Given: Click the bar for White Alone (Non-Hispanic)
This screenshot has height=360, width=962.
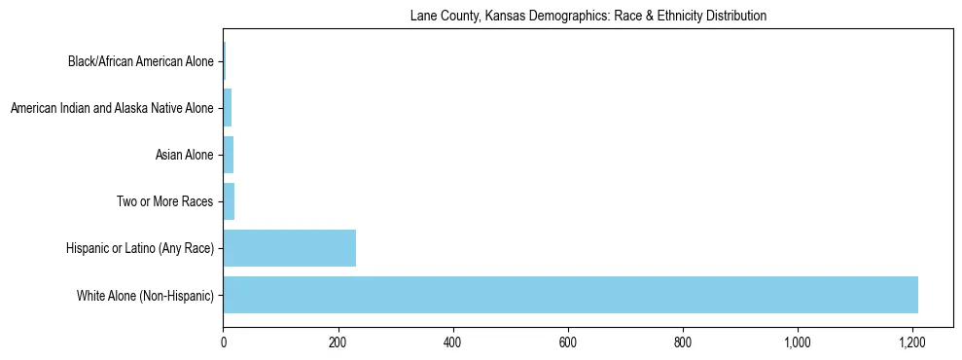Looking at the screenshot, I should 570,295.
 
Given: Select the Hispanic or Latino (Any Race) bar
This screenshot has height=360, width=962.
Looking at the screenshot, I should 289,248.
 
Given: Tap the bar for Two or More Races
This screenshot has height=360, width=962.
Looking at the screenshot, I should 229,201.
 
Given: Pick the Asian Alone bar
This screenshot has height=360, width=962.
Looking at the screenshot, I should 228,155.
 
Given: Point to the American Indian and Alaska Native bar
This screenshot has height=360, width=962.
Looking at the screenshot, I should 227,108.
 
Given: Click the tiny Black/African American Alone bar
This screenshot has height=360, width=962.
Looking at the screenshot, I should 224,61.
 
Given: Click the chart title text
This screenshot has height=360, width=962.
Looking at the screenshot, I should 588,16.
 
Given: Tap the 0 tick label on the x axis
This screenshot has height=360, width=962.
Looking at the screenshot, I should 223,342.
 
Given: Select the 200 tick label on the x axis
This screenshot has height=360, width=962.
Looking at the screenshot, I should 338,342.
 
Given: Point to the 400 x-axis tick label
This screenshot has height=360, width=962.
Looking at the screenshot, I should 452,342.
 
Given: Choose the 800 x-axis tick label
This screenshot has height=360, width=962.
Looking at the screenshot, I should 683,342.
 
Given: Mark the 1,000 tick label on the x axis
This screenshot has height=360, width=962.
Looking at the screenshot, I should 798,342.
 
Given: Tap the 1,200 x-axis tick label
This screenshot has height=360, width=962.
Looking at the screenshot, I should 912,342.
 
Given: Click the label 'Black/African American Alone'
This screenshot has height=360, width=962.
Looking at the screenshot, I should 140,62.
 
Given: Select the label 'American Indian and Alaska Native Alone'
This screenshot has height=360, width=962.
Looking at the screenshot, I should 112,109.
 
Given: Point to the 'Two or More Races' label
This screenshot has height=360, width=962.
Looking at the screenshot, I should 164,202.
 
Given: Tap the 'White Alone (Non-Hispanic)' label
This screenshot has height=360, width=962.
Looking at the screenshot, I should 145,296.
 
